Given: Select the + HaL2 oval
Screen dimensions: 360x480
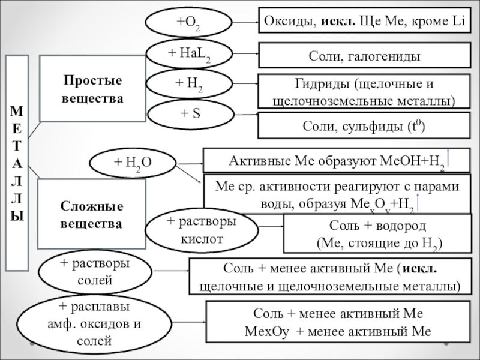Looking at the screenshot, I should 189,54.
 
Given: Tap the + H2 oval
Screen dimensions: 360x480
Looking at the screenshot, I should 188,84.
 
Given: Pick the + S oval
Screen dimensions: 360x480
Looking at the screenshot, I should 190,114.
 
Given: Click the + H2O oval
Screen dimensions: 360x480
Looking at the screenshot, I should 133,163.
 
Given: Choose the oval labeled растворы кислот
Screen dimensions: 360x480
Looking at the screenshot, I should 202,230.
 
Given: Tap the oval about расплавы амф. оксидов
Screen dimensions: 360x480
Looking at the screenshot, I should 96,325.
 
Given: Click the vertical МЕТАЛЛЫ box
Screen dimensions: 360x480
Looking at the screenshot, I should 17,162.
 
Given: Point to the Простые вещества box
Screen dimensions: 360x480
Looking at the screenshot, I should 92,88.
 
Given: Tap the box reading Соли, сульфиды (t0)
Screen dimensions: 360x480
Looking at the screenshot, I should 364,126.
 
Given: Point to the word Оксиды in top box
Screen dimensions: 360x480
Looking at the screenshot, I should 284,22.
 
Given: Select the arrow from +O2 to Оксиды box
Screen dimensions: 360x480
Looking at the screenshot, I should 244,23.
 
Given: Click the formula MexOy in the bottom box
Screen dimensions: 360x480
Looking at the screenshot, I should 263,331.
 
